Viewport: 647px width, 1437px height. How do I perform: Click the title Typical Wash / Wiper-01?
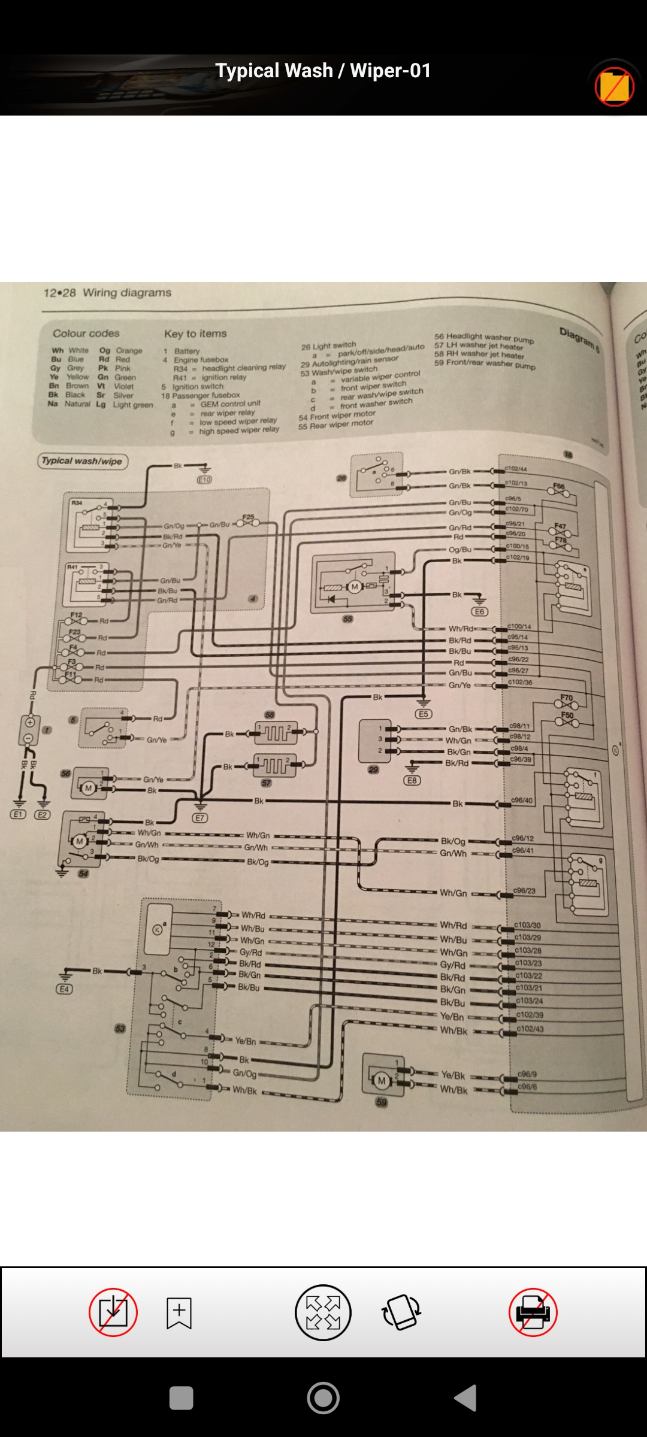323,71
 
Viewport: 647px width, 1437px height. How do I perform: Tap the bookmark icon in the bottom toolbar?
179,1312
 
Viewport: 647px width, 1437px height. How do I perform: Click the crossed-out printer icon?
533,1312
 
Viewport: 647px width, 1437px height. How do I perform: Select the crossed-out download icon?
113,1312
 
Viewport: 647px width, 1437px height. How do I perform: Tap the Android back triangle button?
466,1398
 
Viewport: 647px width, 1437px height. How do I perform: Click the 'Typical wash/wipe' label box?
82,461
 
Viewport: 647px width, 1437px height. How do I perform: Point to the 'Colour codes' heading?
86,334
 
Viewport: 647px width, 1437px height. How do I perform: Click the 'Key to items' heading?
195,334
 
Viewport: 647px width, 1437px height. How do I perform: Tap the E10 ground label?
204,480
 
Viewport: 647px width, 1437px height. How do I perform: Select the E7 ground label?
200,817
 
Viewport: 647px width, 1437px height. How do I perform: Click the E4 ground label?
64,989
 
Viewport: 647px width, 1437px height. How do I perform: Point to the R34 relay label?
77,502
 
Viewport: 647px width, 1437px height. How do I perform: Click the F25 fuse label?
248,517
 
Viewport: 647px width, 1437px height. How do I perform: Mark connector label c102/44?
516,469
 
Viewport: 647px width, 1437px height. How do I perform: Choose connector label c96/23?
524,891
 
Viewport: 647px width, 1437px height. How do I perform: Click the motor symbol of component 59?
382,1081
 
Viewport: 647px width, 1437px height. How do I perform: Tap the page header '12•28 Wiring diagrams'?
107,293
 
